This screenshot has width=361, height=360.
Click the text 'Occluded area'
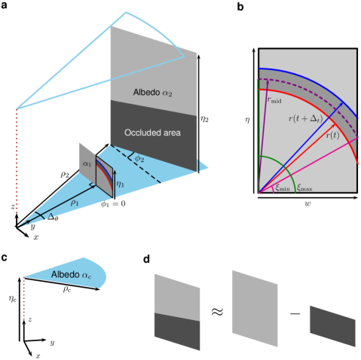(x=154, y=133)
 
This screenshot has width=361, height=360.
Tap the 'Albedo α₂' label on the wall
(x=153, y=92)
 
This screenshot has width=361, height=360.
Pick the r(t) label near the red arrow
(x=332, y=135)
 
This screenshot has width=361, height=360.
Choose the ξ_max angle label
(x=304, y=186)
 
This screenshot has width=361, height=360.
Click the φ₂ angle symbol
(x=139, y=159)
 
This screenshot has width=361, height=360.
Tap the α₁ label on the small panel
(x=87, y=163)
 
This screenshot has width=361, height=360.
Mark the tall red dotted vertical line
(x=17, y=161)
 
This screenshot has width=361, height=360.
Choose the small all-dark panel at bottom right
(x=332, y=326)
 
